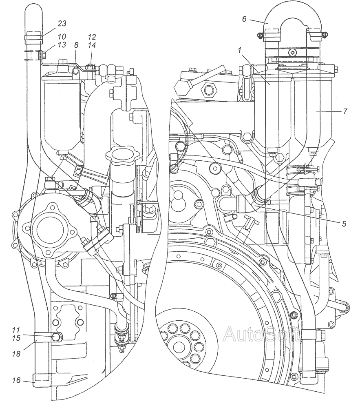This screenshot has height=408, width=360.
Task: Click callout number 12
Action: pyautogui.click(x=91, y=37)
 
